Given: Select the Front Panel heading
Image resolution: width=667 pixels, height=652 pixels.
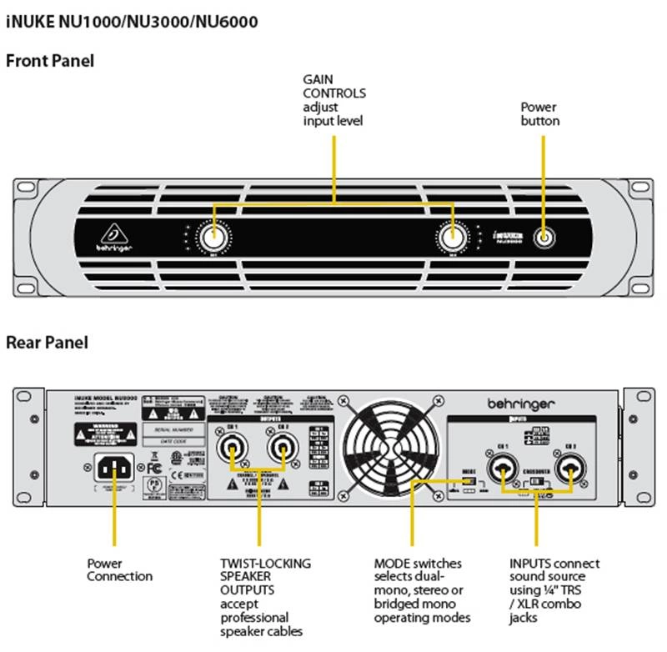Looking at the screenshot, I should coord(50,61).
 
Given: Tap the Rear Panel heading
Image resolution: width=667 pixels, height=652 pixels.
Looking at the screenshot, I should coord(47,342).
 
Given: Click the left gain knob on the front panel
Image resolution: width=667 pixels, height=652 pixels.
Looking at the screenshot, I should coord(214,238).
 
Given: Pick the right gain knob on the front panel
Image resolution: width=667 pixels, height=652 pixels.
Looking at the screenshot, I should coord(454,238).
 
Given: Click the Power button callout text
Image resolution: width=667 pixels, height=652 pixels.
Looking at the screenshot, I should coord(539,114).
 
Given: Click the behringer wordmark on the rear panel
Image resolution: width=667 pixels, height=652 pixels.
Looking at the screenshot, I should coord(521,404).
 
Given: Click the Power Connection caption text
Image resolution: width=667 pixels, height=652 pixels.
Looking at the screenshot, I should coord(119,570).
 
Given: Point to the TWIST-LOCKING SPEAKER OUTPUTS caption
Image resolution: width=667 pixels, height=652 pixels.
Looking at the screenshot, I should coord(264,597).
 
